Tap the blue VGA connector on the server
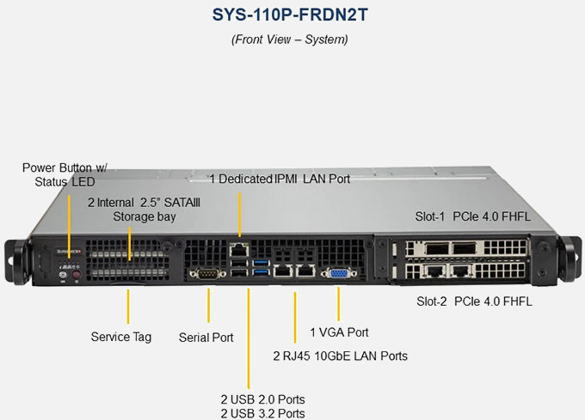[x=338, y=273]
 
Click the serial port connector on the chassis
[x=207, y=274]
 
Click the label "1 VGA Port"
[x=339, y=332]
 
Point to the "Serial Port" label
[x=206, y=338]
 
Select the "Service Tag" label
[x=120, y=337]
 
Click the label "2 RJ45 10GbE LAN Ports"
[x=340, y=356]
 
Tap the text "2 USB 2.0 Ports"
[x=262, y=399]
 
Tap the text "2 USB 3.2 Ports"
[x=262, y=413]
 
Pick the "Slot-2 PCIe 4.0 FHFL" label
[x=474, y=301]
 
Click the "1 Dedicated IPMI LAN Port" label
[x=280, y=179]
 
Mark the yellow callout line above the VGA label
[x=339, y=304]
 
